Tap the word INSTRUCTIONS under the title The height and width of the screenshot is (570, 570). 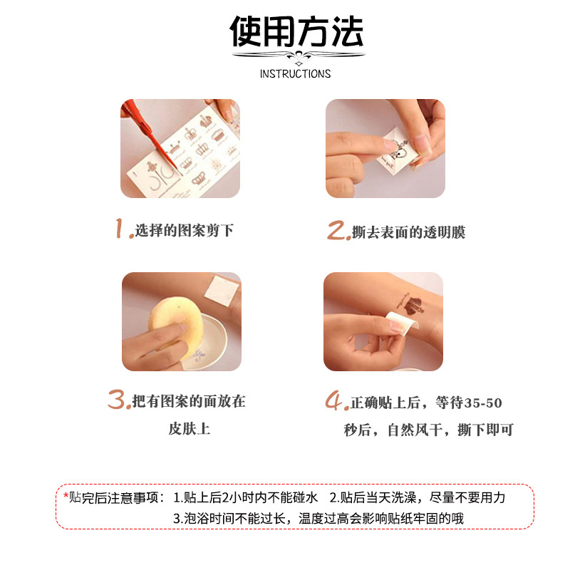(295, 74)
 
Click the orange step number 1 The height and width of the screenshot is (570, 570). (124, 229)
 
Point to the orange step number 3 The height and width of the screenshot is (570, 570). (118, 400)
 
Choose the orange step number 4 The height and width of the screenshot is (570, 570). (336, 402)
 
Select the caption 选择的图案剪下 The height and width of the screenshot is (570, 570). (185, 231)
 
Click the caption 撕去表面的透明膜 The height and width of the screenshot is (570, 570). (408, 232)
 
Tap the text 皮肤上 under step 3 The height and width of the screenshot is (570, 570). (189, 429)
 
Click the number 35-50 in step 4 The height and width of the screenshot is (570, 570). (483, 403)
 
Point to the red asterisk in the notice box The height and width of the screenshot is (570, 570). (66, 497)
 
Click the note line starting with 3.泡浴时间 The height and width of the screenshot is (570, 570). (318, 518)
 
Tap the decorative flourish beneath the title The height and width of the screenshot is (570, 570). (296, 57)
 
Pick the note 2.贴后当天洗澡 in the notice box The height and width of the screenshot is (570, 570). (417, 497)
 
